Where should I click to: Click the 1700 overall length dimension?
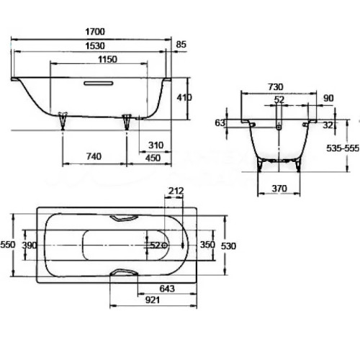[x=95, y=32]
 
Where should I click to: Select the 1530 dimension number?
[x=95, y=45]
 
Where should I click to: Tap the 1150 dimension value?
[x=107, y=59]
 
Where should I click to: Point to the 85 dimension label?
[x=181, y=45]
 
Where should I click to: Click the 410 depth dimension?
[x=184, y=97]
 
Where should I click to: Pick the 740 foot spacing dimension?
[x=94, y=156]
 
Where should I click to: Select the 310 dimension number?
[x=156, y=145]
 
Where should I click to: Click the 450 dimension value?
[x=153, y=158]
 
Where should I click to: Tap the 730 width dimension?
[x=276, y=87]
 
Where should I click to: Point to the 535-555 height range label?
[x=343, y=148]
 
